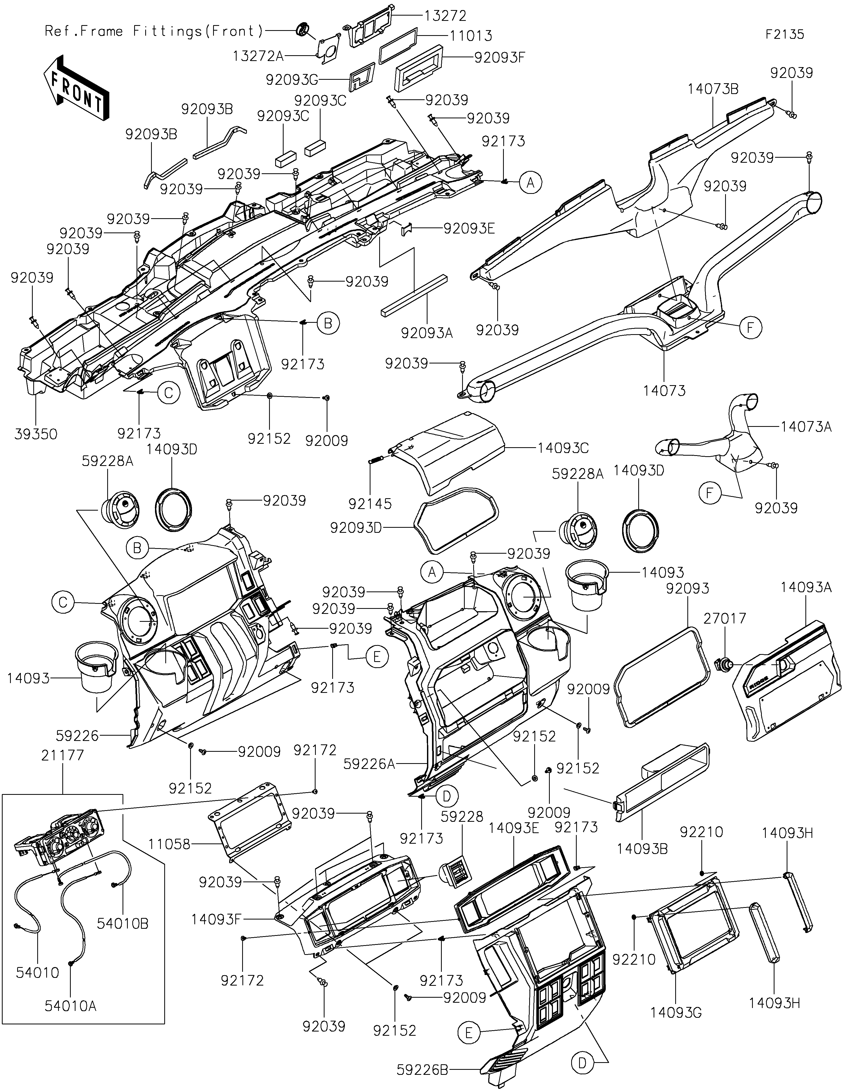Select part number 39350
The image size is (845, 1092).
(x=36, y=434)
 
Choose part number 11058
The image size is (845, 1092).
(x=170, y=844)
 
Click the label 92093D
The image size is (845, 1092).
(x=356, y=528)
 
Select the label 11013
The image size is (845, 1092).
(x=470, y=36)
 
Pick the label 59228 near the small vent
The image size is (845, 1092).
(x=462, y=816)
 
